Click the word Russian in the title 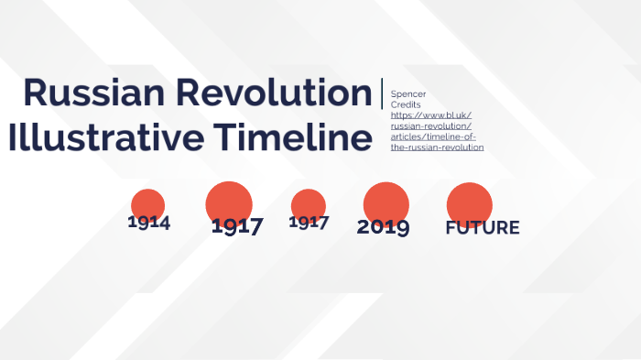pos(83,93)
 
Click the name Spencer pos(408,94)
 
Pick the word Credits pos(406,105)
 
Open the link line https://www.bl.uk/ pos(430,115)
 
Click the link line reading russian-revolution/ pos(431,126)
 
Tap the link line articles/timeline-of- pos(433,136)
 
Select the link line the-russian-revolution pos(437,147)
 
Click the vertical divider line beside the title pos(382,94)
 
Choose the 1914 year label pos(148,222)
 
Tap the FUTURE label pos(483,228)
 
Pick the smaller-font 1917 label pos(309,222)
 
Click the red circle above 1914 pos(147,203)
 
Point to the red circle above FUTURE pos(469,202)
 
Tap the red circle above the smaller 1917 pos(308,202)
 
